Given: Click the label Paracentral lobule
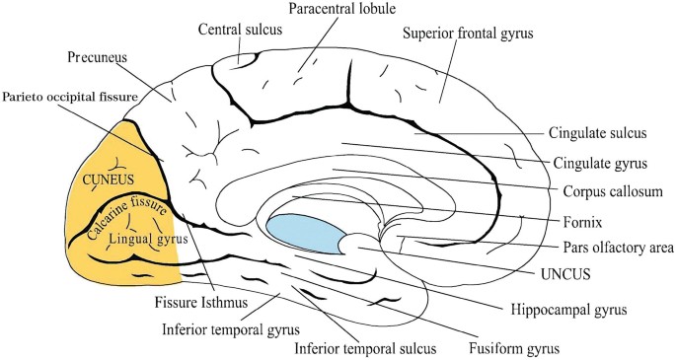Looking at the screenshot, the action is (x=341, y=9).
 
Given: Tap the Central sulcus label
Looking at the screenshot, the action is (x=240, y=30).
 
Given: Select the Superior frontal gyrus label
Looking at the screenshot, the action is (x=468, y=34).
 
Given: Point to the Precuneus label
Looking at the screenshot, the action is (x=98, y=58).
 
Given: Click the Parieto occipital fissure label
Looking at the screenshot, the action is (x=70, y=97).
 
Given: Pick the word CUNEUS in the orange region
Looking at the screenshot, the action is (x=109, y=180).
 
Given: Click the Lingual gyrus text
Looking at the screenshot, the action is (x=148, y=240).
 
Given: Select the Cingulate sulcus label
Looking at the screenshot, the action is (x=597, y=132).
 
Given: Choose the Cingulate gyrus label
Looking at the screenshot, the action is (x=600, y=163).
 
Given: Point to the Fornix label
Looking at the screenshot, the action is (x=582, y=222).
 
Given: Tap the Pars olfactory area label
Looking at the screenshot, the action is (x=618, y=248).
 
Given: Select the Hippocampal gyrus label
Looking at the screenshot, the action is (x=568, y=309).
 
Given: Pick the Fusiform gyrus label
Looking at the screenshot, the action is (x=514, y=348).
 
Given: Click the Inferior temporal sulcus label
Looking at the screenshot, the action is (x=365, y=348).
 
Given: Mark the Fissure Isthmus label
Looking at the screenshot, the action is (x=201, y=302).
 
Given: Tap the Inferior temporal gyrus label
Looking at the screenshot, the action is (x=231, y=329).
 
